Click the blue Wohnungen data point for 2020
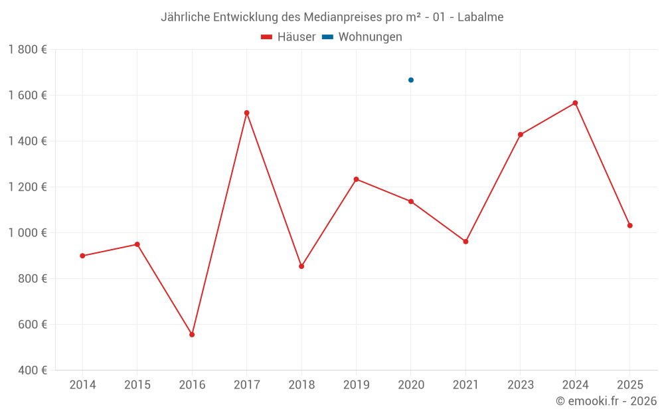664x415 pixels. (411, 80)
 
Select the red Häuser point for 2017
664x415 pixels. (247, 113)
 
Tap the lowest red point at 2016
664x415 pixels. (192, 335)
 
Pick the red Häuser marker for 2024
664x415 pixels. (575, 103)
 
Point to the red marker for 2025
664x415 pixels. (629, 226)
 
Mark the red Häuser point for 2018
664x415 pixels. (301, 266)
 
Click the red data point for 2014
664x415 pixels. (82, 256)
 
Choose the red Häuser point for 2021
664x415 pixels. (465, 242)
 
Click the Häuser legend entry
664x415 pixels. (288, 37)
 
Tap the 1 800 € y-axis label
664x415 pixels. (28, 50)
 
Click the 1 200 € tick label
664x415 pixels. (28, 187)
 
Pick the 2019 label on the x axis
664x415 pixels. (356, 385)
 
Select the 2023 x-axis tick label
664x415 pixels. (520, 385)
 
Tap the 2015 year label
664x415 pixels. (137, 385)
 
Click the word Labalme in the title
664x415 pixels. (481, 17)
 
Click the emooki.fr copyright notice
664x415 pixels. (606, 401)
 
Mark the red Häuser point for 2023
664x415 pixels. (521, 135)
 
